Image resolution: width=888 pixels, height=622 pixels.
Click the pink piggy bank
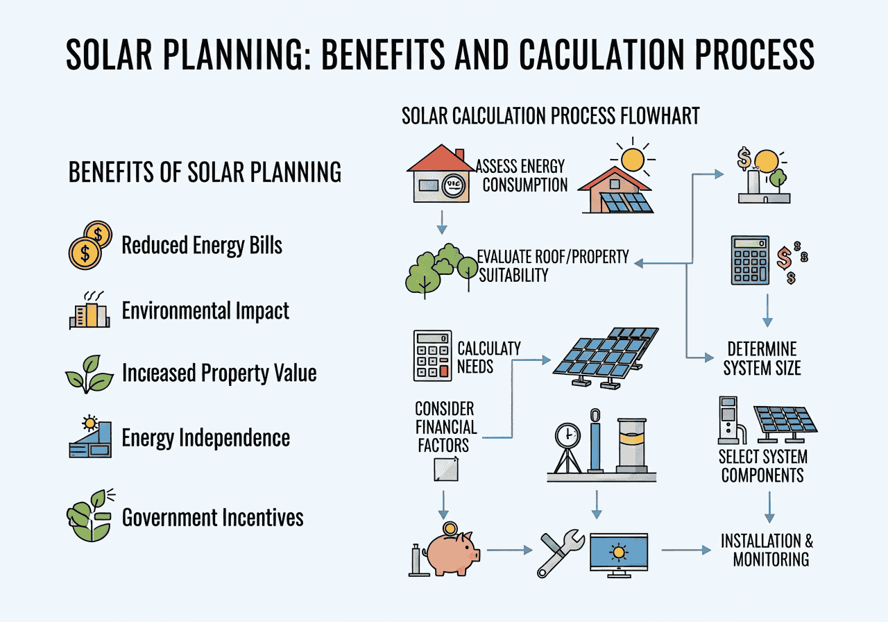(452, 552)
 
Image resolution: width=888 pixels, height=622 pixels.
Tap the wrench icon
(561, 553)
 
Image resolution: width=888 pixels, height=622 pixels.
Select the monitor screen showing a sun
(619, 551)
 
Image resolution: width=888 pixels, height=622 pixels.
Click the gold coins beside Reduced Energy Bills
(90, 245)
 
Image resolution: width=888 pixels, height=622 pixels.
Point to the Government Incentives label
(212, 517)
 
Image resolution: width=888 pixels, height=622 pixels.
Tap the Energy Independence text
(206, 438)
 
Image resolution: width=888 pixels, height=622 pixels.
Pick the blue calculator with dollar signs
(750, 260)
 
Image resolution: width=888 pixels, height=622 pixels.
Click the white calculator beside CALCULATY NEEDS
(432, 356)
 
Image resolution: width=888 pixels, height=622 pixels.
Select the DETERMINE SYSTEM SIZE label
(762, 359)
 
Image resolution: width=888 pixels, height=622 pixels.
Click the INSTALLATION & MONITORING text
(767, 550)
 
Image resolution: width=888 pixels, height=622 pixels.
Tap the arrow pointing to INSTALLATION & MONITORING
(686, 550)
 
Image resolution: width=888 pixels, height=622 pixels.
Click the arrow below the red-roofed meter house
(442, 223)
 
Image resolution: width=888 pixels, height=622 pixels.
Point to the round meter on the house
(454, 185)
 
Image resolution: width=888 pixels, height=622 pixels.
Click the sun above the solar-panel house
(632, 160)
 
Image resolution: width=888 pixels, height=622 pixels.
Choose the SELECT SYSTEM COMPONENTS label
(762, 466)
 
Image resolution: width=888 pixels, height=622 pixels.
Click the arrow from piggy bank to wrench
(510, 550)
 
